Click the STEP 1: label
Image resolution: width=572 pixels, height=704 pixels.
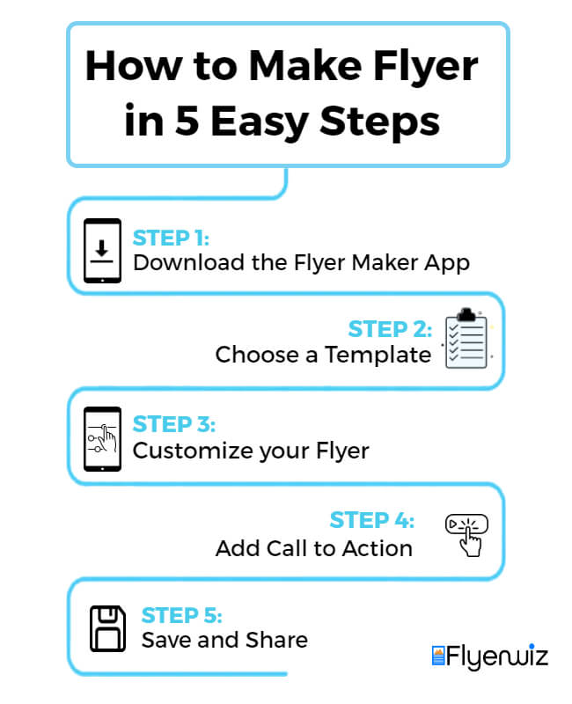171,238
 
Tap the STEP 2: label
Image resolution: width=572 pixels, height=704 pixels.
390,329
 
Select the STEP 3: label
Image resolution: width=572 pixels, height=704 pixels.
174,424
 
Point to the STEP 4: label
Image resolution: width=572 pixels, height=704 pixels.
371,520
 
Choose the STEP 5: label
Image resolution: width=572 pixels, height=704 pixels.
182,615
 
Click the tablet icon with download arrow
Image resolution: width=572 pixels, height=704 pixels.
102,251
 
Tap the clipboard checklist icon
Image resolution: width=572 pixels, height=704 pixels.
466,339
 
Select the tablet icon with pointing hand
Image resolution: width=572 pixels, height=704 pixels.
102,438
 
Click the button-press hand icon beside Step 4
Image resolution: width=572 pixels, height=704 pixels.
467,535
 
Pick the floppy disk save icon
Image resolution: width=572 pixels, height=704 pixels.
107,628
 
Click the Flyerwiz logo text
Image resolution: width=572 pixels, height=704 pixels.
497,656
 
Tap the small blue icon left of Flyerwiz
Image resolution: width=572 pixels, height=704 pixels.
438,656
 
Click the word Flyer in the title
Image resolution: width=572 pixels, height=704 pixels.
426,68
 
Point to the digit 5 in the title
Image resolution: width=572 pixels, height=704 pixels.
187,120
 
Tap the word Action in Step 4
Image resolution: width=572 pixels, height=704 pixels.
378,548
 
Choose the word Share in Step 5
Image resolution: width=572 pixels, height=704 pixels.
276,640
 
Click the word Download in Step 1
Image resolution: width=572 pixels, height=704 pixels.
188,262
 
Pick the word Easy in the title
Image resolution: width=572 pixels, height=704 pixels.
260,122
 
